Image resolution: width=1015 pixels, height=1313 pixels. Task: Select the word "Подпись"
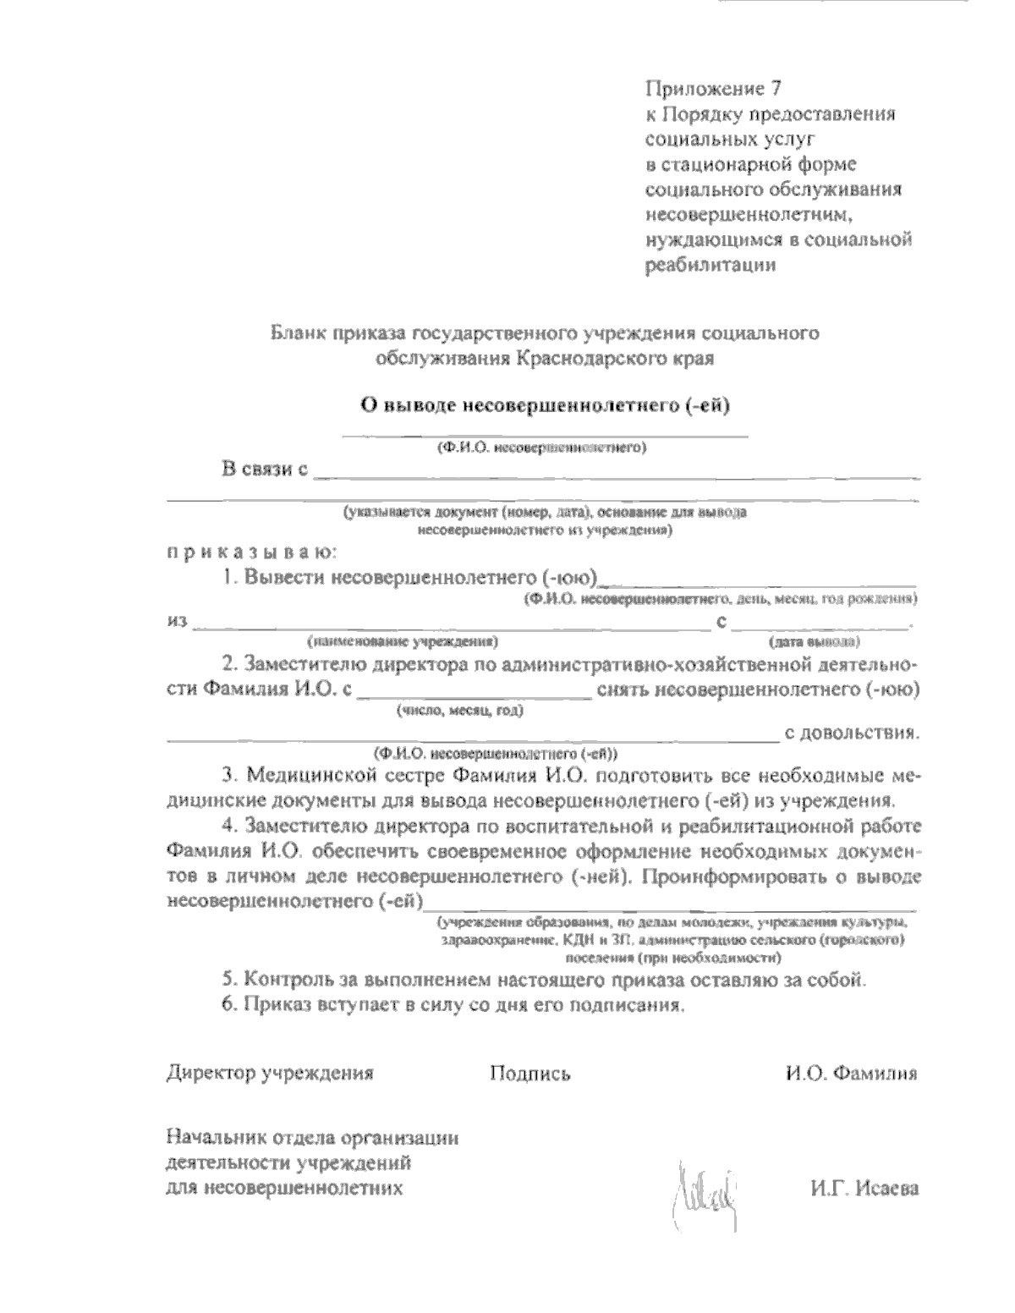(x=529, y=1074)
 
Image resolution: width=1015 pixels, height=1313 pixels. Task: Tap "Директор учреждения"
(x=270, y=1074)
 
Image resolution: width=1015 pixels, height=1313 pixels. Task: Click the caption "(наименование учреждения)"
(x=403, y=640)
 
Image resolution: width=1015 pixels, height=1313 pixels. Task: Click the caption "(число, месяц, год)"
(x=460, y=710)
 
